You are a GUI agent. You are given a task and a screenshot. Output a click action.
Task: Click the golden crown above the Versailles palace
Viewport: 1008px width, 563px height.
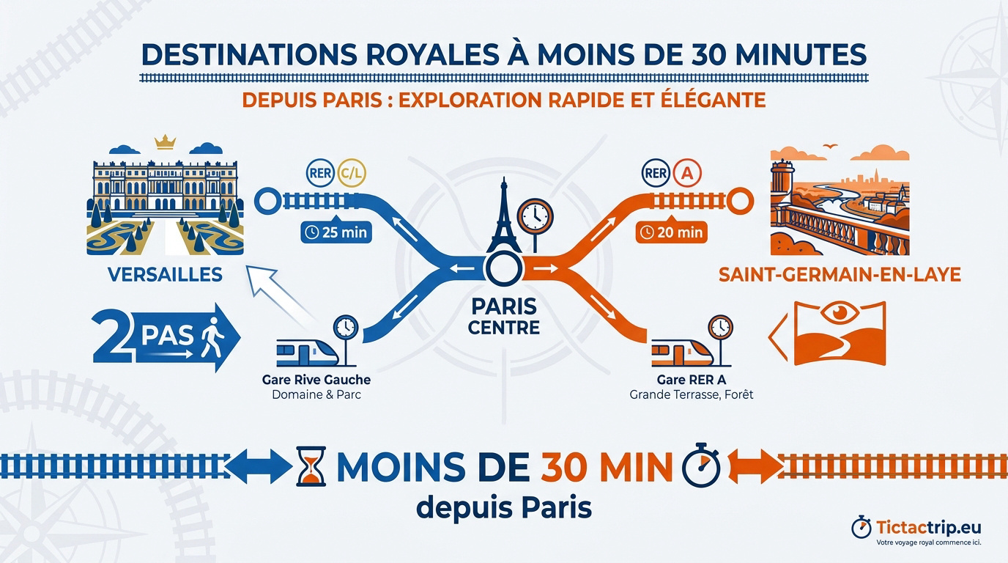pos(164,142)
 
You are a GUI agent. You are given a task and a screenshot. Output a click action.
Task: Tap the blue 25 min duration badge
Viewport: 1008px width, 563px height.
pos(336,232)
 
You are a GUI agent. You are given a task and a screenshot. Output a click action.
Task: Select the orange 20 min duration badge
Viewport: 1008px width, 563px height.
pos(672,232)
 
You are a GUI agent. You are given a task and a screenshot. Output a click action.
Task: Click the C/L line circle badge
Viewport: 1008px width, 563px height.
pos(351,173)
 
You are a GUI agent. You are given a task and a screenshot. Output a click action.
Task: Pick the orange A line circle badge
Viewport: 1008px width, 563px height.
pos(686,173)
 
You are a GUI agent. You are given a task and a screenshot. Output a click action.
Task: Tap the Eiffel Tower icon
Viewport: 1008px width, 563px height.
pos(503,216)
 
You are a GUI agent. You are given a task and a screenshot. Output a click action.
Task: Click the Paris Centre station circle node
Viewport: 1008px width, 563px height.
pos(503,269)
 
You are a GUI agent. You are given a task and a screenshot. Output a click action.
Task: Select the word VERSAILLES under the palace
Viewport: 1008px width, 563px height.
pos(165,274)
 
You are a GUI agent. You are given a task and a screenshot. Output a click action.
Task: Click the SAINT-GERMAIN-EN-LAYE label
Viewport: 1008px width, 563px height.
pos(840,274)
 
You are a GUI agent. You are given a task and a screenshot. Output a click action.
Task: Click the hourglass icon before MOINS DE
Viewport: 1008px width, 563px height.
pos(311,466)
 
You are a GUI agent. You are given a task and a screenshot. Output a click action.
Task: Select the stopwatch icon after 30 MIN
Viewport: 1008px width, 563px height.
pos(700,466)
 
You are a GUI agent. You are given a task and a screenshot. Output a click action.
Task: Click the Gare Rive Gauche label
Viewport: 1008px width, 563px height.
pos(316,380)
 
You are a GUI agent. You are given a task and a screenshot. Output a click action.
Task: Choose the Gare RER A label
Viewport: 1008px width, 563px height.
pos(692,380)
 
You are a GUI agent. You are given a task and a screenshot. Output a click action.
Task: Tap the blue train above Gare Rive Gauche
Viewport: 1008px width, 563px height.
pos(308,353)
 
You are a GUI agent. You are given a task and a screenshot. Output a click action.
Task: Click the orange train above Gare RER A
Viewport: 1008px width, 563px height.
pos(683,353)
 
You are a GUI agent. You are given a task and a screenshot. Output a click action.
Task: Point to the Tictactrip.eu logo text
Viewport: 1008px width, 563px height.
pos(928,527)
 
